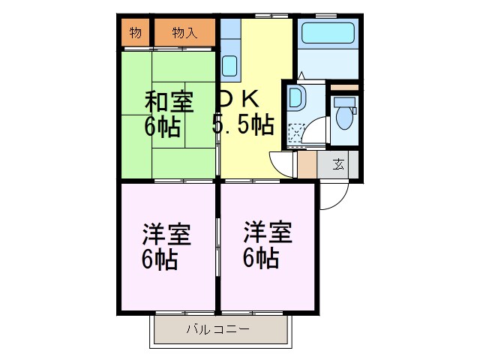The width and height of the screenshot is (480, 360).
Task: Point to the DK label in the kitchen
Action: tap(238, 98)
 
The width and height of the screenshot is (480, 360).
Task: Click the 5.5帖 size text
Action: tap(241, 124)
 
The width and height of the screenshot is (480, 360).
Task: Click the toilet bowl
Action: tap(346, 117)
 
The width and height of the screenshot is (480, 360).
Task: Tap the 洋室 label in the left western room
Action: tap(166, 234)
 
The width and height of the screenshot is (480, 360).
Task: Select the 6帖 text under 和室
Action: tap(162, 126)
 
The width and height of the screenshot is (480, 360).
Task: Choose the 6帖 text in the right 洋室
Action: tap(261, 258)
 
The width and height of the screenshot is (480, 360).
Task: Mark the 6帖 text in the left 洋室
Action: tap(160, 259)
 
